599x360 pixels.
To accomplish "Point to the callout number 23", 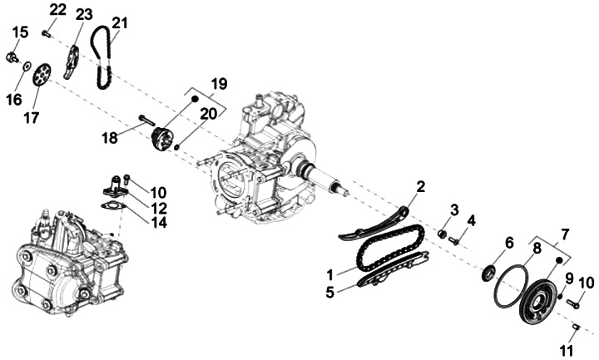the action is [84, 16].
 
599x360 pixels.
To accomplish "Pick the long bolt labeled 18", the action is [147, 121].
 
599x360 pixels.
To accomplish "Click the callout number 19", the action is [219, 84].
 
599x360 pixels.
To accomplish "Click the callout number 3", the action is [455, 209].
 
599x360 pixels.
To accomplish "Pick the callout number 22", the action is [57, 9].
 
